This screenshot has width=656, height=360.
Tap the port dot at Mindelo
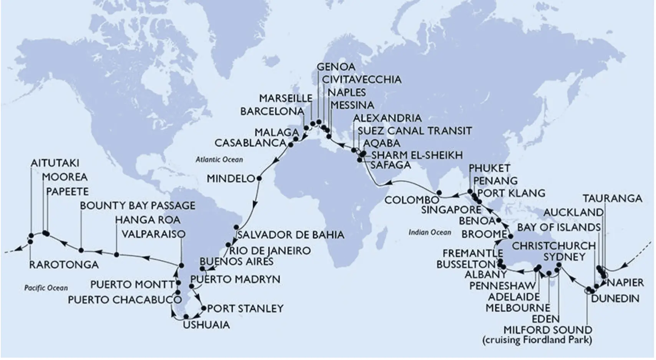click(259, 178)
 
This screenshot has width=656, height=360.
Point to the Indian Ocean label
click(429, 232)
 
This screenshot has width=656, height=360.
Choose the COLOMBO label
click(412, 200)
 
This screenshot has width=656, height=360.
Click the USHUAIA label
click(206, 325)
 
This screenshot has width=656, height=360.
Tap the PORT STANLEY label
click(245, 308)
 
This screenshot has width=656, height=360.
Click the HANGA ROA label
click(147, 220)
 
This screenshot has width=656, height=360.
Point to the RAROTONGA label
click(64, 264)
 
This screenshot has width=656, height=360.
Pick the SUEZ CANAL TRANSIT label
click(414, 130)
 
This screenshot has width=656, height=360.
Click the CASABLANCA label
click(250, 143)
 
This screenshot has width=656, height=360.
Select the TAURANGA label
click(612, 198)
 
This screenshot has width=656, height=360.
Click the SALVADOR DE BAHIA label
click(290, 234)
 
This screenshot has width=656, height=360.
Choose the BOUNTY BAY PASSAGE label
click(137, 205)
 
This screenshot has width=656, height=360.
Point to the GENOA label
click(336, 66)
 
